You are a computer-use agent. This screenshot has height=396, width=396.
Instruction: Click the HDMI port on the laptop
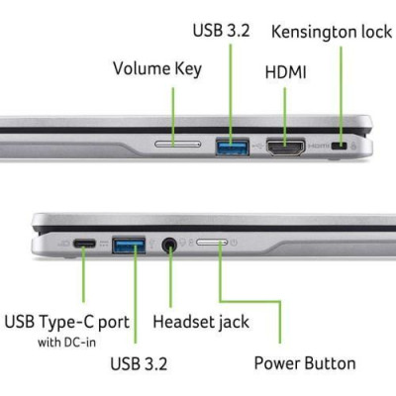tap(286, 148)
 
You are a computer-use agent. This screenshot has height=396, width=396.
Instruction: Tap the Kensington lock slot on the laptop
tap(339, 146)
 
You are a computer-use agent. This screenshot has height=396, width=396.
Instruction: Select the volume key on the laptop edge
tap(177, 144)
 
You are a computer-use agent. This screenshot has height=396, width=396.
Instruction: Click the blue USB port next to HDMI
tap(232, 147)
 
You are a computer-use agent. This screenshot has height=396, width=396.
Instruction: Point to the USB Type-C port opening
tap(84, 244)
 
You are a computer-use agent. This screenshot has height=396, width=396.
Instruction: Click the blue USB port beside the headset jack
tap(129, 245)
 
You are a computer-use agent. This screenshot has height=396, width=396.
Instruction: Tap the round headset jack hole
tap(169, 245)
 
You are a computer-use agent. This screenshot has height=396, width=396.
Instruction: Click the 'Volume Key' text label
tap(157, 68)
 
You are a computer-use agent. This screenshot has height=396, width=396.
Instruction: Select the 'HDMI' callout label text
tap(286, 72)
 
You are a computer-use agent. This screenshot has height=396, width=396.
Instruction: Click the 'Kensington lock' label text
tap(332, 33)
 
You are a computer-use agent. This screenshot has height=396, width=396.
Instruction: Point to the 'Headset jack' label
tap(201, 322)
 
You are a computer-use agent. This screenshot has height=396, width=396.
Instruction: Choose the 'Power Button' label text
tap(305, 363)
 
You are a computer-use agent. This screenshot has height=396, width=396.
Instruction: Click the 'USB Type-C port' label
tap(67, 322)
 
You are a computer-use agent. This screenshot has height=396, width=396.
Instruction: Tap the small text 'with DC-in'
tap(67, 343)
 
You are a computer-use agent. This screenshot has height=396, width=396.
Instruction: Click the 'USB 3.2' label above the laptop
tap(221, 31)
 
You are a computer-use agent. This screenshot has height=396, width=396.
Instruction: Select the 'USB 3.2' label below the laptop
tap(139, 363)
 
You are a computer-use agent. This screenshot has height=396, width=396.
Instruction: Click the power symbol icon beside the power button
tap(234, 243)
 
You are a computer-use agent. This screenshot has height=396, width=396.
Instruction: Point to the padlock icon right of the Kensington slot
tap(353, 146)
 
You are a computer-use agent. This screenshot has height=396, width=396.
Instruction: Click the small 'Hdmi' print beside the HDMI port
tap(319, 146)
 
